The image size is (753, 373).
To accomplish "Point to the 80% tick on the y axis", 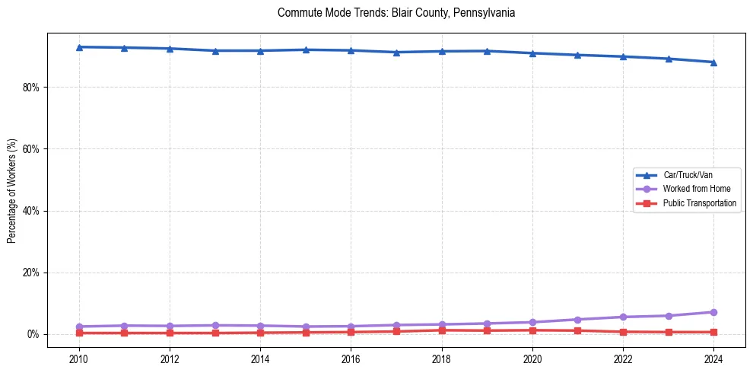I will pos(31,88).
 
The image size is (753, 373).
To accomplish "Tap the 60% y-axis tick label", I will pos(31,149).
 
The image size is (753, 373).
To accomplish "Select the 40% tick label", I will pos(31,211).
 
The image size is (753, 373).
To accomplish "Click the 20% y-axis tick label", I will pos(31,273).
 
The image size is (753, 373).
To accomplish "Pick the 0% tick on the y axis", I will pos(33,334).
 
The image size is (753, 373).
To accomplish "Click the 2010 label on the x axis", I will pos(79,358).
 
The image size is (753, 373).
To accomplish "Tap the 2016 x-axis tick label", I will pos(351,358).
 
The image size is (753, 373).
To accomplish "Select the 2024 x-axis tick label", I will pos(713,358).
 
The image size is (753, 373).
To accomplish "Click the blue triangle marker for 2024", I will pos(713,62).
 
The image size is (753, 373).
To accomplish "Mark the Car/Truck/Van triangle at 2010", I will pos(79,47).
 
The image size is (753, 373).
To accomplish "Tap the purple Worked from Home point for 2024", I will pos(713,312).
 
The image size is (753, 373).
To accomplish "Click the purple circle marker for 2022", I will pos(623,317).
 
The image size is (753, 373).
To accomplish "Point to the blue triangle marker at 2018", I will pos(442,51).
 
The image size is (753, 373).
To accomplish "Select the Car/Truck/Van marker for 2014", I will pos(261,51).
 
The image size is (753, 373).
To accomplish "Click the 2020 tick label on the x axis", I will pos(532,358).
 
